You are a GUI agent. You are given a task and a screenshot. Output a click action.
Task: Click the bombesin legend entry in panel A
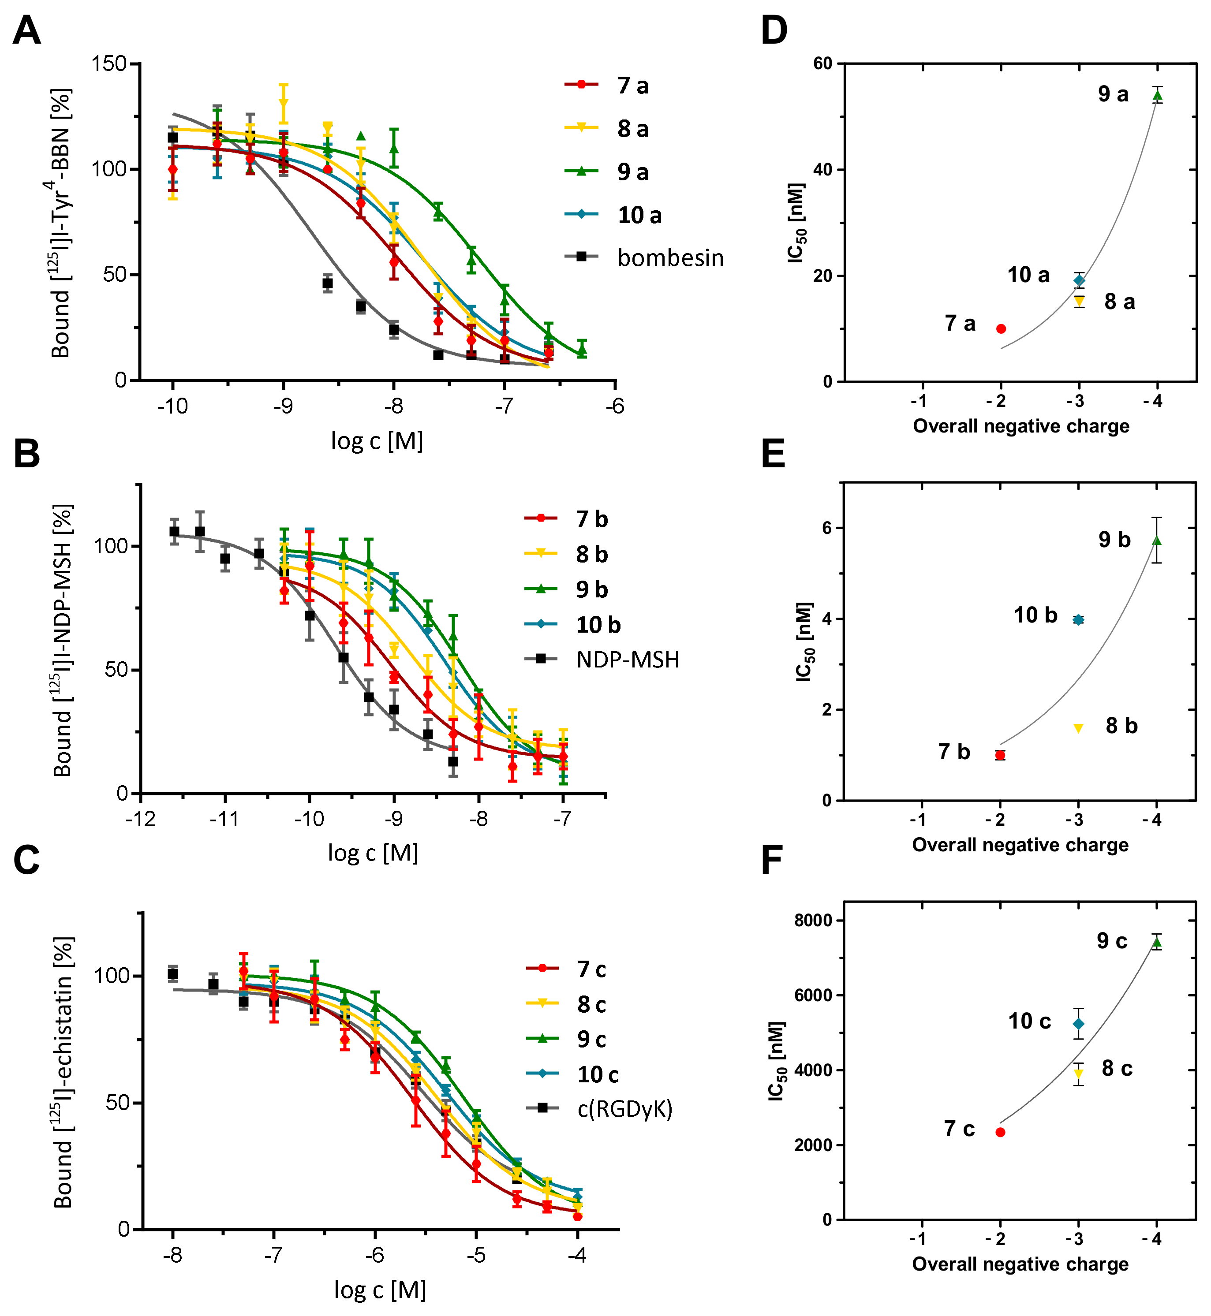[x=670, y=257]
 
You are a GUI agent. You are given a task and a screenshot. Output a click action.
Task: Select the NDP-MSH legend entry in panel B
[x=627, y=659]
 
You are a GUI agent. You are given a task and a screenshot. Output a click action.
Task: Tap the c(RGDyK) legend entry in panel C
[x=624, y=1109]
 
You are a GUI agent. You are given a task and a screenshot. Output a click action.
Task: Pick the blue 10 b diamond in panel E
[x=1078, y=619]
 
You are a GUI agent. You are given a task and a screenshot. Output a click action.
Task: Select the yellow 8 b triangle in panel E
[x=1078, y=728]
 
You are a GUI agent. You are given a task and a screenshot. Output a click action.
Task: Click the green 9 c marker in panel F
[x=1157, y=943]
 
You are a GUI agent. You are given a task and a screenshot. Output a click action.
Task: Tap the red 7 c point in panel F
[x=1000, y=1132]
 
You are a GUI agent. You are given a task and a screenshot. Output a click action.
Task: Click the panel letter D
[x=774, y=30]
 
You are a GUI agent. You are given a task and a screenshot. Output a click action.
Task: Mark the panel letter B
[x=26, y=453]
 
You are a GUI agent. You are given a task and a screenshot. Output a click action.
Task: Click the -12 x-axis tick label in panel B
[x=141, y=819]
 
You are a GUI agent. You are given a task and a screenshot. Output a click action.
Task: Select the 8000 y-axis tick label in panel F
[x=813, y=921]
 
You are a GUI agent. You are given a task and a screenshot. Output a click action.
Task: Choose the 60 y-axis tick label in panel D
[x=822, y=63]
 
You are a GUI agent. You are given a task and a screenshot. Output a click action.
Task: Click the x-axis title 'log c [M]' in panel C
[x=380, y=1289]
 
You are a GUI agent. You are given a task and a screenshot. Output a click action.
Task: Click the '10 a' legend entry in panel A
[x=639, y=215]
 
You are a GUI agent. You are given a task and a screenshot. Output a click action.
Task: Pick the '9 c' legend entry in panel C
[x=591, y=1039]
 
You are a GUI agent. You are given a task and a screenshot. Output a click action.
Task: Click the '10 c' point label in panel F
[x=1029, y=1021]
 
